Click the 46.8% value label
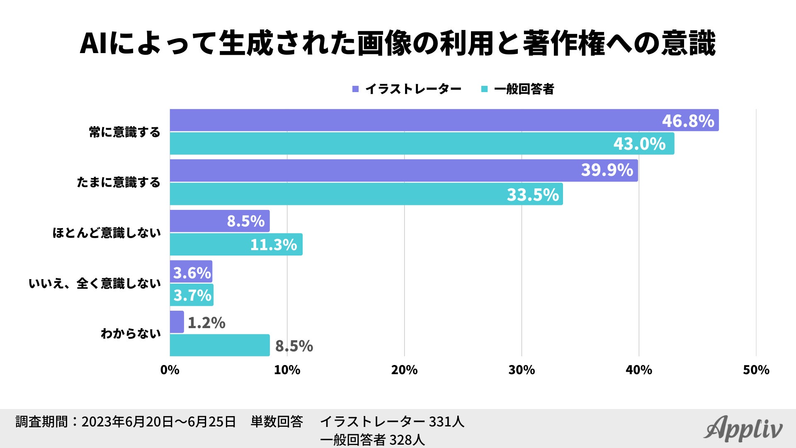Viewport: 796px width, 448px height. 688,121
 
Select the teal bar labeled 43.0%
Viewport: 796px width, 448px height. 422,144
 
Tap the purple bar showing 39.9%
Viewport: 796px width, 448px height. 403,170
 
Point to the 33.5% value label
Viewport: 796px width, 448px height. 533,195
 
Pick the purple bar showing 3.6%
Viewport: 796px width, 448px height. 191,272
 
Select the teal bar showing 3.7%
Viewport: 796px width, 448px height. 192,295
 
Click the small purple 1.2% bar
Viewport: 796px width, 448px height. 177,322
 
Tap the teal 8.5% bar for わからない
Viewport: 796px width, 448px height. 220,345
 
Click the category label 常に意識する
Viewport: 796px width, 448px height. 124,132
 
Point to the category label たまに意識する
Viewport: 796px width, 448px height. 119,183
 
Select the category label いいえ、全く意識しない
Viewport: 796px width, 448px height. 95,284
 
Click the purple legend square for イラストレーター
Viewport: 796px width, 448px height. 355,89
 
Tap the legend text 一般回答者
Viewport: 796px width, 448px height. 524,89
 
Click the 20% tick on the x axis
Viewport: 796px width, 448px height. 404,370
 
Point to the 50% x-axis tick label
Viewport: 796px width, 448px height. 756,370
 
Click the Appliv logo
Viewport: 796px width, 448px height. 743,428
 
